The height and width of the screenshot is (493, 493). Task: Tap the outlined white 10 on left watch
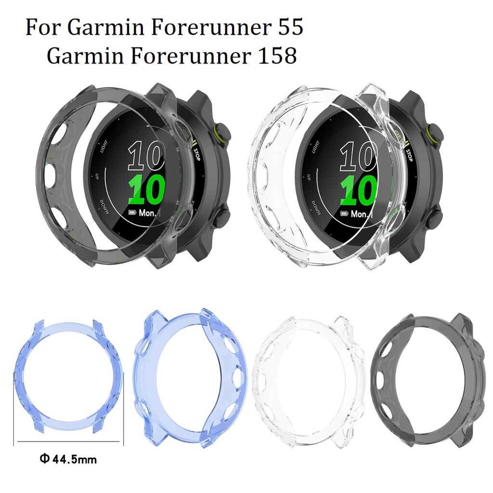(146, 157)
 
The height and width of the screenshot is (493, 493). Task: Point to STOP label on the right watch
(409, 155)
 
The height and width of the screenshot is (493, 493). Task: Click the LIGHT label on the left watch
(103, 146)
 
